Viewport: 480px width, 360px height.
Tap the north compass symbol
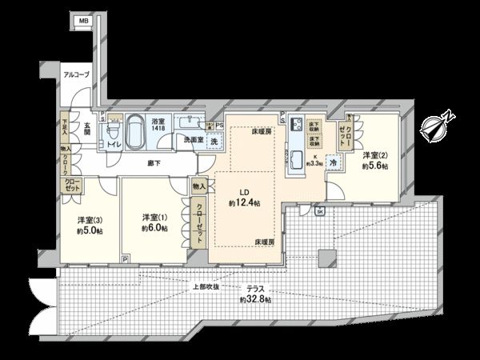point(437,127)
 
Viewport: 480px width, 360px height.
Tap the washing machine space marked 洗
point(214,141)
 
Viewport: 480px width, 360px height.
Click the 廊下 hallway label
point(152,163)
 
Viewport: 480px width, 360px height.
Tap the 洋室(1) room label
point(154,218)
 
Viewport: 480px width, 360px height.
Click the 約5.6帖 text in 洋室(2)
point(374,166)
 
